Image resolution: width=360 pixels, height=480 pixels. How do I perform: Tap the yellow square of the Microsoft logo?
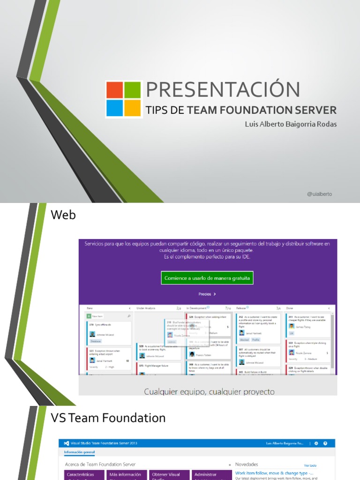[x=133, y=108]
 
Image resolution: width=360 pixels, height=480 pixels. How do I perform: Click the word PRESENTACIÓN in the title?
[x=223, y=90]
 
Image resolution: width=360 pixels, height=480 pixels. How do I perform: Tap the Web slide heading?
[x=63, y=215]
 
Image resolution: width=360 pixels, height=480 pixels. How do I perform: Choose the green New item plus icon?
[x=89, y=316]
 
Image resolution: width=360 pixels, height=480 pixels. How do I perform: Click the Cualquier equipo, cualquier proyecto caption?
[x=209, y=391]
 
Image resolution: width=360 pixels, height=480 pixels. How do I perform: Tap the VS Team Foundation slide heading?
[x=108, y=418]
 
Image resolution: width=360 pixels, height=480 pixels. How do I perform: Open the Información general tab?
[x=79, y=452]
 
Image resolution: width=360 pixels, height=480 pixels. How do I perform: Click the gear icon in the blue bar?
[x=316, y=443]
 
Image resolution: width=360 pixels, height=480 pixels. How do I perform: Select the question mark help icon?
[x=325, y=443]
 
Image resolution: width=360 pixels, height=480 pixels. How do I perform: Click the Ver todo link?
[x=310, y=465]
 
